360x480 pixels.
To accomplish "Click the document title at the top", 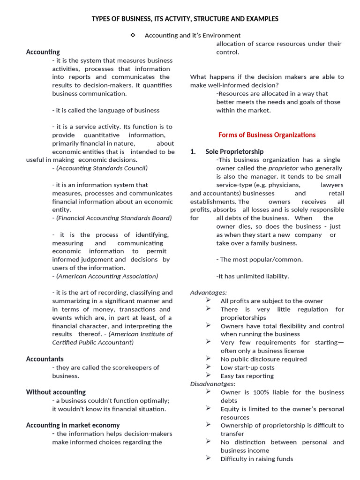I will coord(185,19).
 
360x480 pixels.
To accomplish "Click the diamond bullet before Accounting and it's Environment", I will coord(133,35).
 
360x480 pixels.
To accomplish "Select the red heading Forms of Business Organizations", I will coord(267,135).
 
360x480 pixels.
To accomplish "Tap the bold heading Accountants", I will coord(45,359).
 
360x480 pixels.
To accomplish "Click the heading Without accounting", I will coord(56,392).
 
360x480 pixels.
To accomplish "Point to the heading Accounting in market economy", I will coord(73,425).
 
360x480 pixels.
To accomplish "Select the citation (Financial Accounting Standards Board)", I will coord(112,218).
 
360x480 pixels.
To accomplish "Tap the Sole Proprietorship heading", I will coord(234,152).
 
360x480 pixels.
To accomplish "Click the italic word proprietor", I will coord(283,168).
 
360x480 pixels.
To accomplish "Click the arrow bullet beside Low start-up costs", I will coord(208,367).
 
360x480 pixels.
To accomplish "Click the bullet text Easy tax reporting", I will coord(247,376).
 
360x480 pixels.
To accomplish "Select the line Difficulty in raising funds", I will coord(256,459).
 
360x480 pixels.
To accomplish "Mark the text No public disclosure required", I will coord(263,359).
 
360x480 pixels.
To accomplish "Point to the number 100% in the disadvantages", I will coord(260,392).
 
